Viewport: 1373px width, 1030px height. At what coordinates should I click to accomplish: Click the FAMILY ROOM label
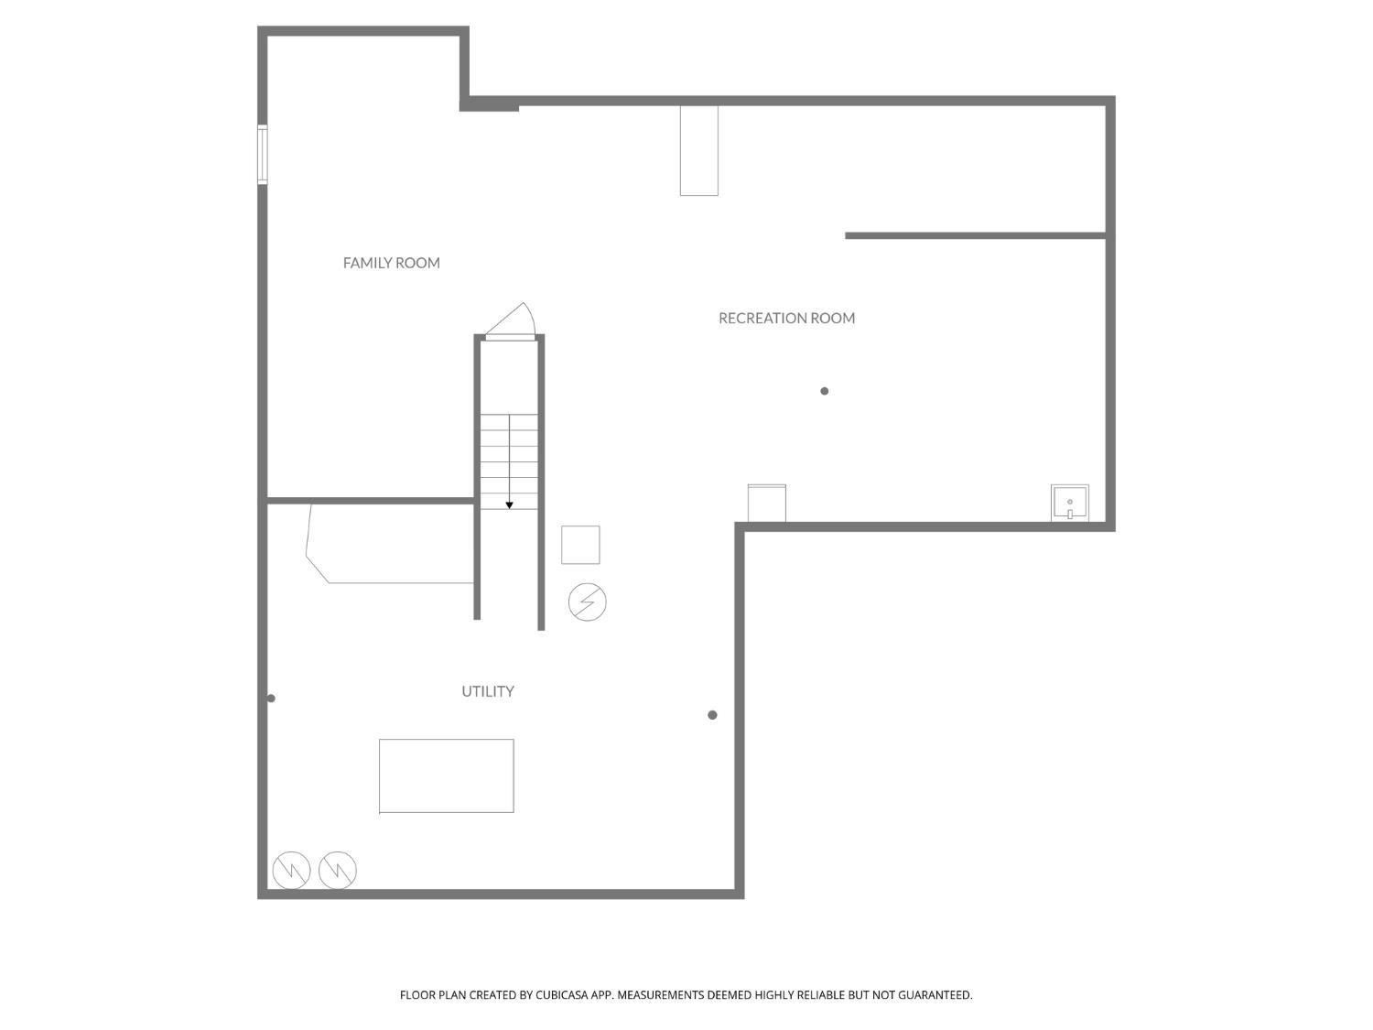pyautogui.click(x=391, y=263)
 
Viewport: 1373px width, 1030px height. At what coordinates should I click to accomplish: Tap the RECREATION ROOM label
pyautogui.click(x=786, y=318)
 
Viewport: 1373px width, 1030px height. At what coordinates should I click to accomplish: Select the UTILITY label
pyautogui.click(x=487, y=691)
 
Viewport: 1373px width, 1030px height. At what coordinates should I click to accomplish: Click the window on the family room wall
pyautogui.click(x=263, y=155)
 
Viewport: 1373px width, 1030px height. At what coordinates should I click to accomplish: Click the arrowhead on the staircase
pyautogui.click(x=510, y=504)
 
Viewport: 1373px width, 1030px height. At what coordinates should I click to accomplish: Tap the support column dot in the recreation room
pyautogui.click(x=825, y=391)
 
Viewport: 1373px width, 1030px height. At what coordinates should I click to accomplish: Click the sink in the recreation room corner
pyautogui.click(x=1069, y=503)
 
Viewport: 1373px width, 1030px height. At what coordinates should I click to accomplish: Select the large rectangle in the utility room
pyautogui.click(x=446, y=775)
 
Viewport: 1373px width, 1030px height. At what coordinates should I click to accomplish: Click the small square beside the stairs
pyautogui.click(x=580, y=545)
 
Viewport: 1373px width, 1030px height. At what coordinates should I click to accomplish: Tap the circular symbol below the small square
pyautogui.click(x=588, y=602)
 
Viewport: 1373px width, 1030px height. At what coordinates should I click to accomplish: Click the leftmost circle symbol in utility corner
pyautogui.click(x=291, y=870)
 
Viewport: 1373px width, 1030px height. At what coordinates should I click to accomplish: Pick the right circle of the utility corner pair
pyautogui.click(x=338, y=870)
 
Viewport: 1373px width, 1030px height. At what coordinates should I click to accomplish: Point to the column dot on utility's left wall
pyautogui.click(x=271, y=699)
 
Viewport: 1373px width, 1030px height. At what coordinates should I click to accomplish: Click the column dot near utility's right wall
pyautogui.click(x=712, y=715)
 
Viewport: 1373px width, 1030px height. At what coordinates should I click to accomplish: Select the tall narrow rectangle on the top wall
pyautogui.click(x=698, y=150)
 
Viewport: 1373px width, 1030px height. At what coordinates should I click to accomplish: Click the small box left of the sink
pyautogui.click(x=766, y=503)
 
